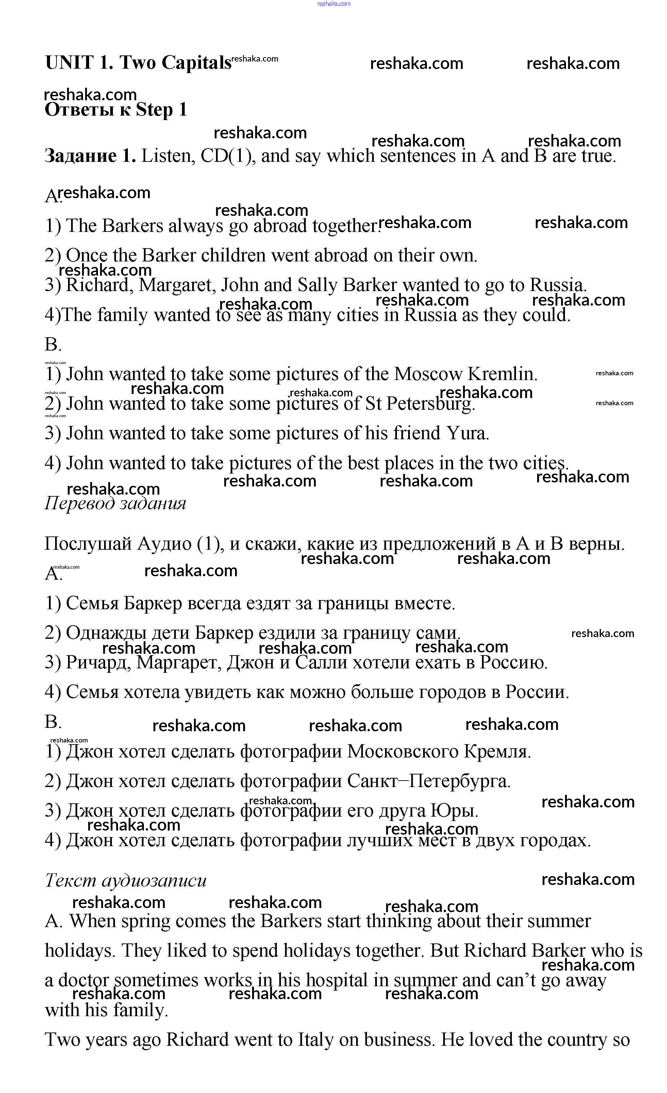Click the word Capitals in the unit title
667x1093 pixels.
[x=196, y=63]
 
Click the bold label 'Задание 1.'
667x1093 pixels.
[x=90, y=156]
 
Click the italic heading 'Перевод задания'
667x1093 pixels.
[x=115, y=503]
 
